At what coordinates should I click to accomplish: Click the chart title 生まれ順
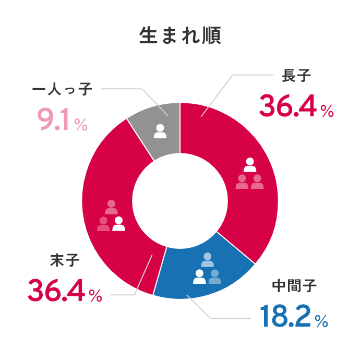point(180,35)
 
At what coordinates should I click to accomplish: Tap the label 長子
point(296,77)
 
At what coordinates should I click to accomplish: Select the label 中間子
point(295,286)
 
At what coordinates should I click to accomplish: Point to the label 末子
point(65,259)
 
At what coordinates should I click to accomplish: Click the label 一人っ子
point(62,89)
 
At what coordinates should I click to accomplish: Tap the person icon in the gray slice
point(160,131)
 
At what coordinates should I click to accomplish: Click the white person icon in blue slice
point(199,277)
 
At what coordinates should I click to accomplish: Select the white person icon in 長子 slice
point(250,165)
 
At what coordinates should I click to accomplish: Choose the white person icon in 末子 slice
point(119,223)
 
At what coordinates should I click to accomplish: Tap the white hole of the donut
point(180,201)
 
